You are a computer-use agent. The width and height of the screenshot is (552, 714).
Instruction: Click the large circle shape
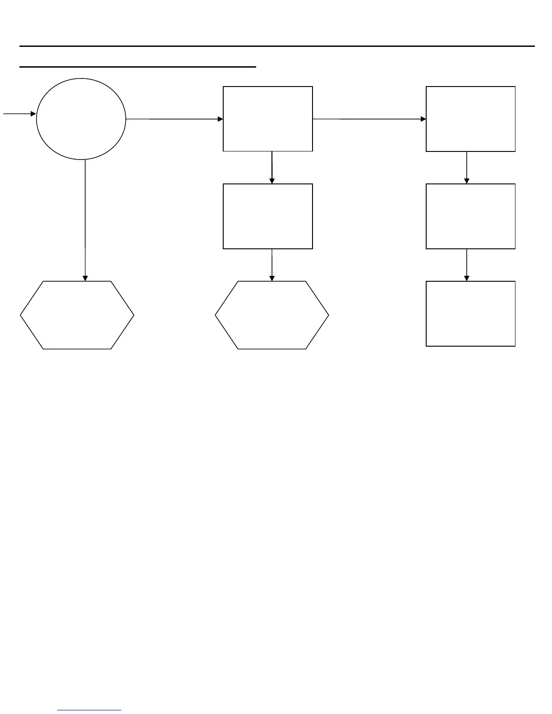click(81, 119)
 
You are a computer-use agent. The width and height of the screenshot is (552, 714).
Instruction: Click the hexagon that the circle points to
click(77, 315)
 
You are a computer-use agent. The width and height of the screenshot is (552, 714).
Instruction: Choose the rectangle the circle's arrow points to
click(268, 119)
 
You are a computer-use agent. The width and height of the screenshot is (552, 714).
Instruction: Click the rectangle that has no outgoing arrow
click(470, 314)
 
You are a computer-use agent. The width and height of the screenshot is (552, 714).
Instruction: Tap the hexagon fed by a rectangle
click(272, 315)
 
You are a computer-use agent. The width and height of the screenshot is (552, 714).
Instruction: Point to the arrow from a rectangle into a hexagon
click(272, 265)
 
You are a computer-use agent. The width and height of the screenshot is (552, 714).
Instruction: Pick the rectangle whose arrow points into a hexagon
click(268, 216)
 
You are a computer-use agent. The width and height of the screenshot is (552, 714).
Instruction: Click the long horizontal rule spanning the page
click(277, 46)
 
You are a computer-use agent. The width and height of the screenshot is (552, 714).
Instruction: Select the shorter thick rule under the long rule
click(138, 67)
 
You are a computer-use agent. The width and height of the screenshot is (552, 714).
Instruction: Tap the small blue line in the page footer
click(89, 710)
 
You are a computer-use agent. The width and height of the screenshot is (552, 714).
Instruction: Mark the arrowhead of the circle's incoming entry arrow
click(33, 114)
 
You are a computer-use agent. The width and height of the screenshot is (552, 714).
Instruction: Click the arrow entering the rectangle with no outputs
click(467, 265)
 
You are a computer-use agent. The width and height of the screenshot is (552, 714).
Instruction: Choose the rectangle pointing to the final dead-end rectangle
click(470, 216)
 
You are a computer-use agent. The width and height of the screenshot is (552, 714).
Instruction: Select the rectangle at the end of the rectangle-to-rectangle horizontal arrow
click(470, 119)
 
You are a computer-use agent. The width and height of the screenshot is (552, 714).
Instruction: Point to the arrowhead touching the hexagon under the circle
click(85, 278)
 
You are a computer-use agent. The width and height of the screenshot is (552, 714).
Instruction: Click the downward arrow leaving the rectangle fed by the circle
click(272, 168)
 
